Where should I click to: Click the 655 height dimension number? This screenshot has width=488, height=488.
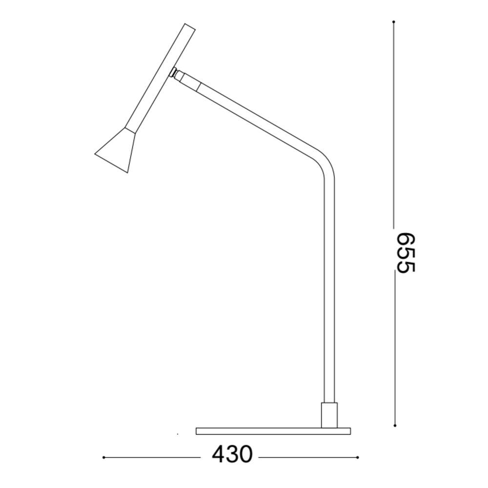click(x=407, y=253)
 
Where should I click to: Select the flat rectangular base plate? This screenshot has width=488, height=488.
click(x=273, y=431)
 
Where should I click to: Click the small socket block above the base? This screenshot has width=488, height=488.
click(x=329, y=415)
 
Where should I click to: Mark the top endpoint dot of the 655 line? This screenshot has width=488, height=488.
click(x=394, y=22)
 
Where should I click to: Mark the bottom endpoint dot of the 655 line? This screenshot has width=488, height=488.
click(x=395, y=426)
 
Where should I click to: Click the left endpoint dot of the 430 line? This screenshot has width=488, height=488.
click(x=103, y=458)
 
